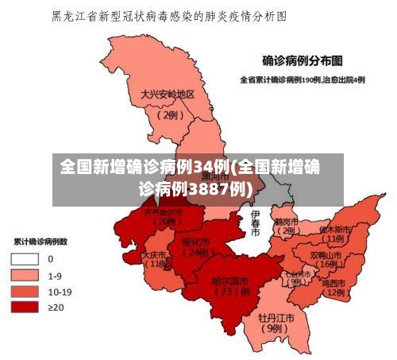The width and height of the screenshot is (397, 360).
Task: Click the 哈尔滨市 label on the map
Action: pos(231,281)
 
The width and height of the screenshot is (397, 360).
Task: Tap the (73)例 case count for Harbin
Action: pos(231,292)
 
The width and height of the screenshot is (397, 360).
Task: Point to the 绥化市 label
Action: pos(195,241)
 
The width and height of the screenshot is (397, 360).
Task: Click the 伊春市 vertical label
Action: pos(255,224)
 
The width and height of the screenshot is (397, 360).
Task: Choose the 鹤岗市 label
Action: pos(285,221)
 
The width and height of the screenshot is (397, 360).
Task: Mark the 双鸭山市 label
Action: pos(326,255)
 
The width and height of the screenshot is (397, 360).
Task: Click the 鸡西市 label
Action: pos(333,283)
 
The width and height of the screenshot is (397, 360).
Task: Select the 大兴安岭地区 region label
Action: pos(168,94)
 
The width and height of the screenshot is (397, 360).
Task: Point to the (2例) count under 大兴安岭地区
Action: pos(168,114)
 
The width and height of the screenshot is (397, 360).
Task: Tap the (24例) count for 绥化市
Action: pos(195,253)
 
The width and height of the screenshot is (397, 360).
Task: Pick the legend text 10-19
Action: pos(60,291)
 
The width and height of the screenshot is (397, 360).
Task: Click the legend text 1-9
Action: pos(55,275)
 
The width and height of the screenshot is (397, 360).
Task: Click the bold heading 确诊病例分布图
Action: pos(303,60)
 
